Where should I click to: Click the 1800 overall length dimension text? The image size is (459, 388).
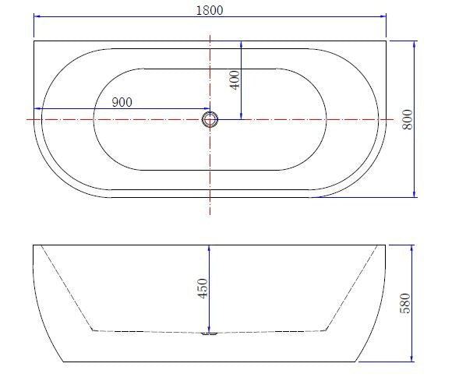210,10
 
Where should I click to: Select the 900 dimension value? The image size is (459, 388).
122,102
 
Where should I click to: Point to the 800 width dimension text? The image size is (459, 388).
406,118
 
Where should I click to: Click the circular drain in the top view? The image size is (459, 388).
210,119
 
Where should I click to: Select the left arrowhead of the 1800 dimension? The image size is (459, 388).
37,16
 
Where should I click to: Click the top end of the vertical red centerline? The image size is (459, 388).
210,34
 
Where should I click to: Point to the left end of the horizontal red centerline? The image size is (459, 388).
26,119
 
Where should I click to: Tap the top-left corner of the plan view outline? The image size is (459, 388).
34,41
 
